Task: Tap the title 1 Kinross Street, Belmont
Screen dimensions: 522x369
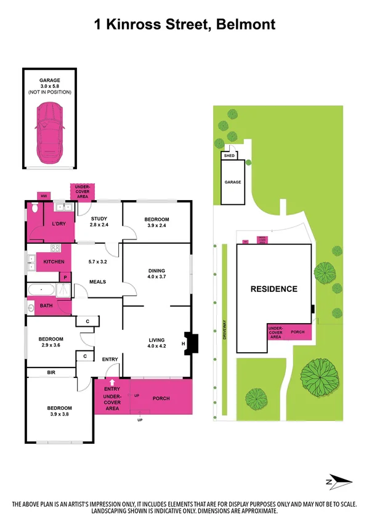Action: point(184,25)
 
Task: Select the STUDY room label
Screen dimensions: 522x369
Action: point(99,219)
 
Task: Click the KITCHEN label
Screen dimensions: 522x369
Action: point(54,262)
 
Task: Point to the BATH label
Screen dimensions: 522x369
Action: point(46,305)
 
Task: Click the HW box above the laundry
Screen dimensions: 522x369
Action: point(44,196)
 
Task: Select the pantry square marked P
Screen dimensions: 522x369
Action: point(65,278)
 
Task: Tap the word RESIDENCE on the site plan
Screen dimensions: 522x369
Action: point(274,289)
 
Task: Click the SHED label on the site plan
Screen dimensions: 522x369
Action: point(230,156)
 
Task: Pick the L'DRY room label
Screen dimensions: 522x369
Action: point(59,223)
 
